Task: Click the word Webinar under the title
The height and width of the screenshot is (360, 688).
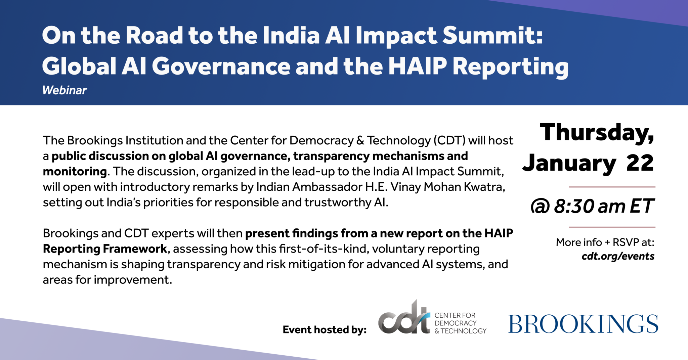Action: click(x=64, y=90)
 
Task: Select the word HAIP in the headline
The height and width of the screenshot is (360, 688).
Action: click(x=418, y=66)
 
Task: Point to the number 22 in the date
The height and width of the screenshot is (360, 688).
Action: click(x=640, y=163)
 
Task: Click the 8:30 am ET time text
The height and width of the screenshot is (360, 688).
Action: click(x=603, y=206)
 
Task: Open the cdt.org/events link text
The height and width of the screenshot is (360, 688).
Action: click(x=618, y=256)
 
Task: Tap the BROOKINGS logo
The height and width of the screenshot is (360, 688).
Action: click(x=583, y=324)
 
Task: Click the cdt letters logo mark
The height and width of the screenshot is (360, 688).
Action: click(x=404, y=317)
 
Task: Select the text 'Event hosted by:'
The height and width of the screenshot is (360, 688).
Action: click(x=325, y=330)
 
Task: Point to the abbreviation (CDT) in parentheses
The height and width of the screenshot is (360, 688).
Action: click(x=449, y=140)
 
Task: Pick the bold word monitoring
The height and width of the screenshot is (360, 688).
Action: click(x=75, y=172)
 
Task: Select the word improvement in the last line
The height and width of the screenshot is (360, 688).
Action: click(x=132, y=280)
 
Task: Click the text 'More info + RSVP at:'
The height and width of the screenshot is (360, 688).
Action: click(x=605, y=242)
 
